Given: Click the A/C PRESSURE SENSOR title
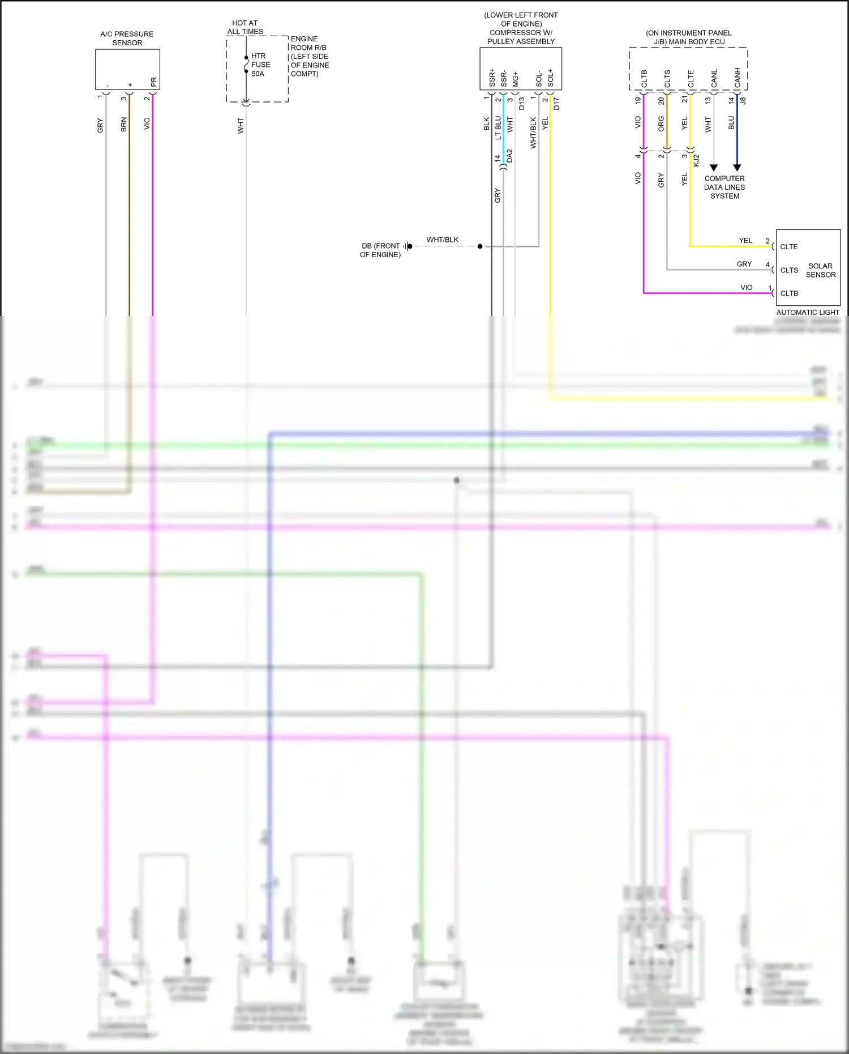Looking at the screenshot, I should coord(127,39).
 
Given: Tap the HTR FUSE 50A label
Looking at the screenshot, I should coord(260,65).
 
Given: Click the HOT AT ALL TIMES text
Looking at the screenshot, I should coord(245,27).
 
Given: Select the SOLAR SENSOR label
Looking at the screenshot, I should coord(820,270).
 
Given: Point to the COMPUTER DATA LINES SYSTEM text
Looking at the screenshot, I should coord(724,187).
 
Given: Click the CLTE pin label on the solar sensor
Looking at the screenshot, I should coord(789,247).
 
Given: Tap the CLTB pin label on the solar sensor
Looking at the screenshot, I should coord(789,293).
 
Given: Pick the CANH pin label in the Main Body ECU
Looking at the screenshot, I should coord(737,79).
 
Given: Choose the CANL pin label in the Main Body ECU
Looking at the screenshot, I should coord(714,79).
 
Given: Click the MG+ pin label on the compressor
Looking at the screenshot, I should coord(515,79).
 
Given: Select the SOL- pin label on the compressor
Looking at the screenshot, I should coord(539,79).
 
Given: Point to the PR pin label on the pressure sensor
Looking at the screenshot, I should coord(153,82).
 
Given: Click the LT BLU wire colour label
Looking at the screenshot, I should coord(498,128).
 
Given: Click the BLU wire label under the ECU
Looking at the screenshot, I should coord(731,123).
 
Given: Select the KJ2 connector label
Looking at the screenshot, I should coord(697,160).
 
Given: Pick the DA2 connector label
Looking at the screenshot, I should coord(509,156).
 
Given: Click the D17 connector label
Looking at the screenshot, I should coord(556,104).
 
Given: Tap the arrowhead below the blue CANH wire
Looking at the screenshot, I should coord(737,168).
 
